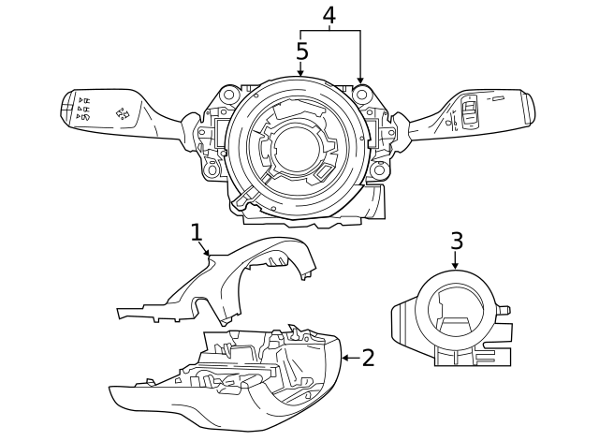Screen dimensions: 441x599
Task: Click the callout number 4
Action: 329,15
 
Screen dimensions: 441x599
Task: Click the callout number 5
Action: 301,51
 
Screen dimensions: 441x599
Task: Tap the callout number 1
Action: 196,231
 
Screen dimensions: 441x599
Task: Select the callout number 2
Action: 368,357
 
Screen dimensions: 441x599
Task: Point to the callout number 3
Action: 456,241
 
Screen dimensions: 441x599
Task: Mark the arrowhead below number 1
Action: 209,253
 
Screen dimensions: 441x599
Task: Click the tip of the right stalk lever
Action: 530,105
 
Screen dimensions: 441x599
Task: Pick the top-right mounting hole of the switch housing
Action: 361,95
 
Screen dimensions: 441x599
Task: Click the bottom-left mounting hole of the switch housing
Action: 213,170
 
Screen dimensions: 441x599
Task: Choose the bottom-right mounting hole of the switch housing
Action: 378,170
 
